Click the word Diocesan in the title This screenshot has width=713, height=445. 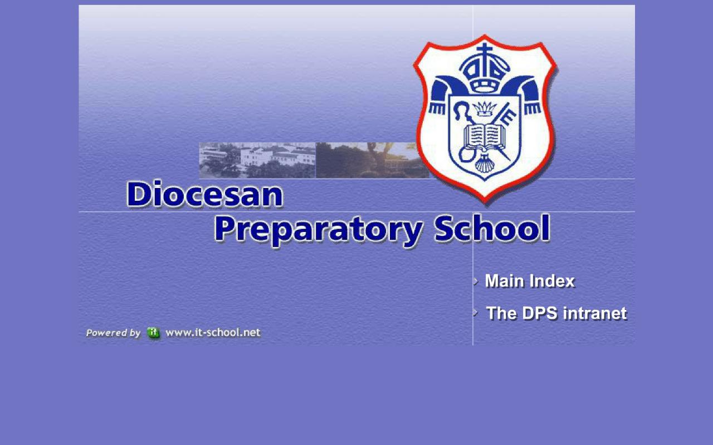tap(204, 195)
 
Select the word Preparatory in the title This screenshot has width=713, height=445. tap(318, 230)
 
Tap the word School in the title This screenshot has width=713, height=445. tap(492, 229)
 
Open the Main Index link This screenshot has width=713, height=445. tap(529, 281)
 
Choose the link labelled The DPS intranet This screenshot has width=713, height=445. tap(556, 313)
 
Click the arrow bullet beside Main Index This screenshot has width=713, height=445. tap(476, 281)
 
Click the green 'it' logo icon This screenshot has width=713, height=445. tap(153, 333)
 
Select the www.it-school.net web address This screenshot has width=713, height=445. tap(213, 333)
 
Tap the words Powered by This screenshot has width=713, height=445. tap(113, 333)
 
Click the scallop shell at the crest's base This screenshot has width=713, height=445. tap(484, 165)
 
